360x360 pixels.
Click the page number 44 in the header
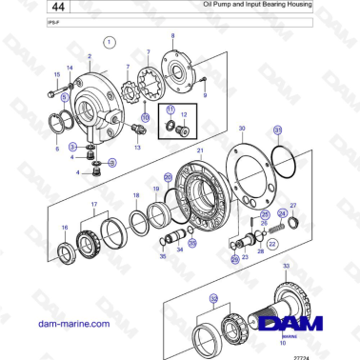point(19,8)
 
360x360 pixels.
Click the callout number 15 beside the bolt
point(55,74)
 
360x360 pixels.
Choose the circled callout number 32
point(213,298)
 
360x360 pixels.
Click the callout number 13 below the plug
point(137,148)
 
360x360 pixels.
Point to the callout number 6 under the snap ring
point(57,149)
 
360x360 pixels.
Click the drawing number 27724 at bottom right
point(327,355)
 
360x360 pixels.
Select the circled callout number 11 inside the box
point(170,110)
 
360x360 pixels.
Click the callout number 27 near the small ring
point(292,206)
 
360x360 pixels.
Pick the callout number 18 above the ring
point(136,194)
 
